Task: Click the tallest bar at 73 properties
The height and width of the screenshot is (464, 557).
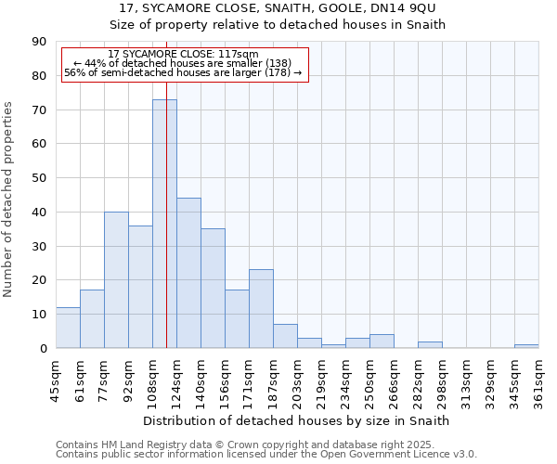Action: click(x=164, y=224)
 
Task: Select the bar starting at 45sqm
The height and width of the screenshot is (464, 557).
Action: click(x=68, y=328)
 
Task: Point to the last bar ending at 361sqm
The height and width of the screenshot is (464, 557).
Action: click(x=526, y=346)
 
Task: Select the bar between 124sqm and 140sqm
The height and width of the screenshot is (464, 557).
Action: click(x=188, y=273)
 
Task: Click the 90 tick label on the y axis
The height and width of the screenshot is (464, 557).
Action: click(x=40, y=42)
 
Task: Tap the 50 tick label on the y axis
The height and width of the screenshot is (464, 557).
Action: click(x=40, y=178)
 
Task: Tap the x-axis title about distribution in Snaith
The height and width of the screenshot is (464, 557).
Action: click(x=297, y=420)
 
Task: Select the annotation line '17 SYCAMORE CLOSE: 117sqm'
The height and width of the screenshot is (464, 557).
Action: click(x=184, y=55)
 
